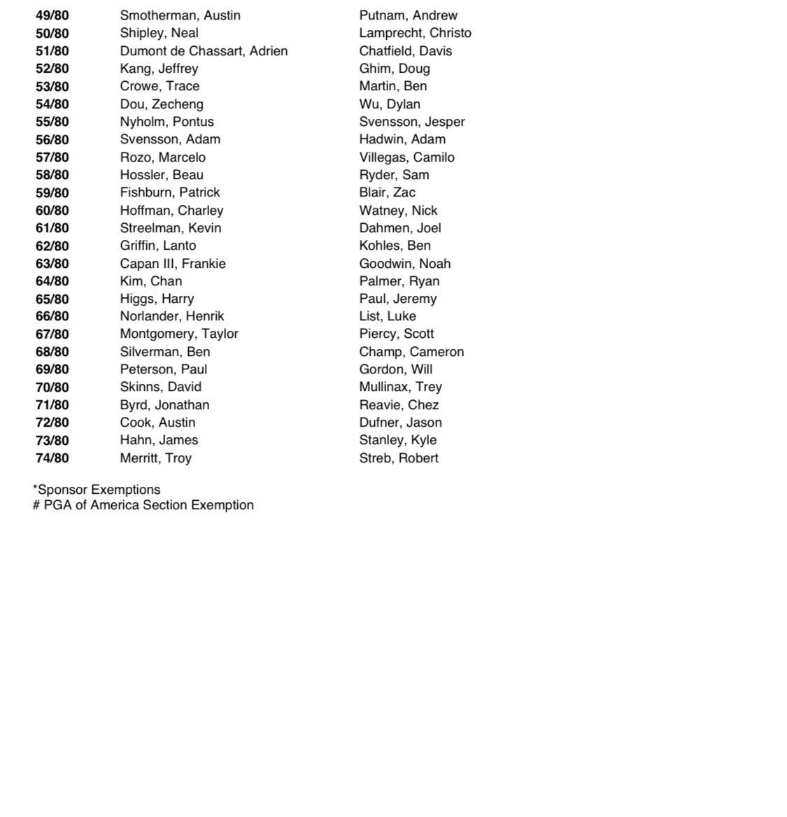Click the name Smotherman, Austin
[x=180, y=15]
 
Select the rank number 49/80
[x=52, y=15]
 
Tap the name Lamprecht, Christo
[x=415, y=33]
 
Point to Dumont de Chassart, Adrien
[x=204, y=51]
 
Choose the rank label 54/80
[x=52, y=104]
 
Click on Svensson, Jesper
[x=412, y=122]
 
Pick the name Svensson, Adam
[x=170, y=139]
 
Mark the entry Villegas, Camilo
[x=406, y=157]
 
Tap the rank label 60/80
[x=52, y=211]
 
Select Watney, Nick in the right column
[x=398, y=211]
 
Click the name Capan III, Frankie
[x=173, y=264]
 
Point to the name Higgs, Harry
[x=157, y=299]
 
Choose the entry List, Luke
[x=388, y=316]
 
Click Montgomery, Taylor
[x=179, y=334]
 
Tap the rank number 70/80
[x=52, y=387]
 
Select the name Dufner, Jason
[x=400, y=422]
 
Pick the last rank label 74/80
[x=52, y=458]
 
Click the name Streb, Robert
[x=399, y=458]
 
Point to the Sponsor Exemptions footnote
[x=97, y=490]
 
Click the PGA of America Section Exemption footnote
[x=143, y=505]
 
